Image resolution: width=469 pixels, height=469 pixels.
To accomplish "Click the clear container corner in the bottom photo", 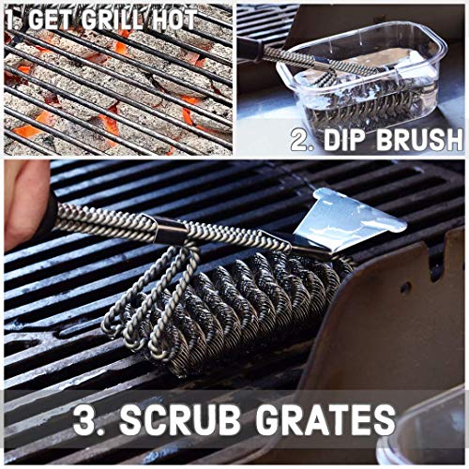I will click(x=431, y=441).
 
